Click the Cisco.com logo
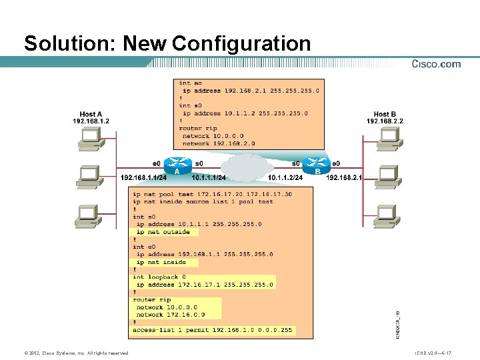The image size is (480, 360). click(436, 64)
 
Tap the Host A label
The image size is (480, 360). click(91, 114)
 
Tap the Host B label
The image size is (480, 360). click(385, 114)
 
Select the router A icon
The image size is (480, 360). click(177, 164)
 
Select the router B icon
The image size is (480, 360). click(317, 164)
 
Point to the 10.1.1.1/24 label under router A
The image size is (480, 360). click(208, 178)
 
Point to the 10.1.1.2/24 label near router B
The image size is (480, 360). click(285, 178)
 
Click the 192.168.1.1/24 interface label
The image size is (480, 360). click(143, 178)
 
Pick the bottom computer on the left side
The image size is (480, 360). click(89, 214)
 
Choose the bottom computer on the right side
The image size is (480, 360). click(385, 214)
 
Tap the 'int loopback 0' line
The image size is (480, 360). click(159, 277)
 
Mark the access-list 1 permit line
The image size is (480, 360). click(212, 329)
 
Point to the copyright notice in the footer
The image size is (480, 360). click(75, 353)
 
